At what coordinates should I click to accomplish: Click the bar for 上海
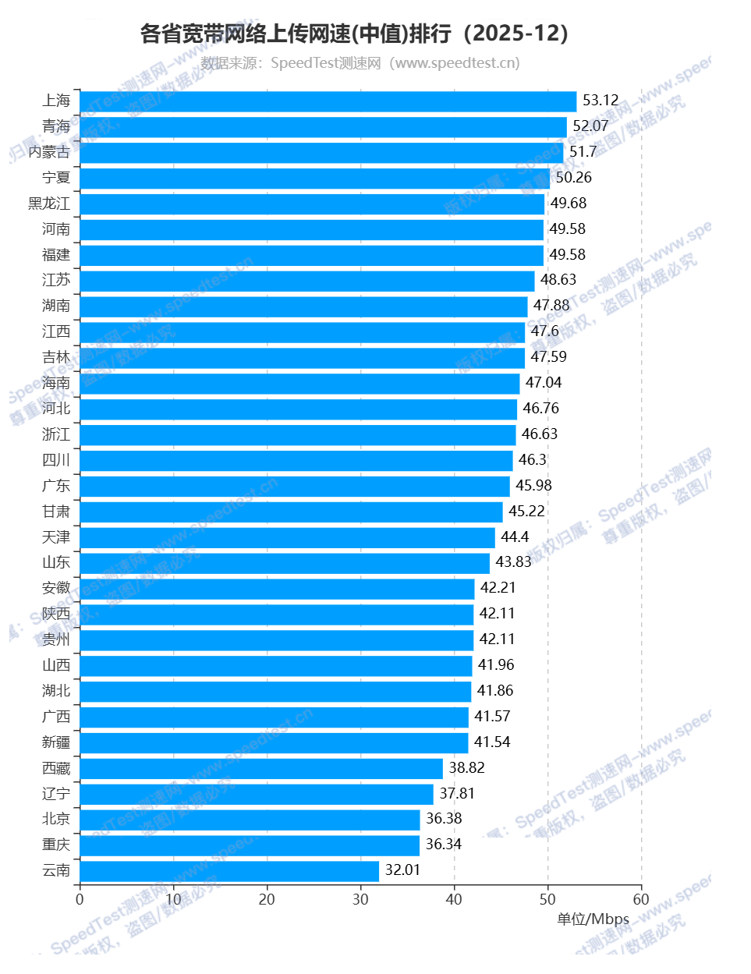tap(328, 101)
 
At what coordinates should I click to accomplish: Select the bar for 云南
tap(229, 871)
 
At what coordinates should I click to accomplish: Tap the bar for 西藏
tap(261, 769)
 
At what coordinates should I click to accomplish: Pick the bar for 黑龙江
tap(312, 204)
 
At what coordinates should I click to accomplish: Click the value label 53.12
tap(600, 101)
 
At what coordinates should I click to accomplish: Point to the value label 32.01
tap(402, 870)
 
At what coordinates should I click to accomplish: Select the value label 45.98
tap(533, 486)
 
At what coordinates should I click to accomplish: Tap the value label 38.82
tap(466, 768)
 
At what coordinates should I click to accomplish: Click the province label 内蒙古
tap(49, 152)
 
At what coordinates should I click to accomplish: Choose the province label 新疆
tap(56, 742)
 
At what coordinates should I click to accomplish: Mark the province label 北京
tap(56, 819)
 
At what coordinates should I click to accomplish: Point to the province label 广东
tap(56, 486)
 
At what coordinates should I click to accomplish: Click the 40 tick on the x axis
tap(454, 900)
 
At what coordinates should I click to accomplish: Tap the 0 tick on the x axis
tap(80, 900)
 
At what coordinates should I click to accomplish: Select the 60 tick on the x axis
tap(641, 900)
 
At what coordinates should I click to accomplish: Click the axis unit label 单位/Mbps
tap(593, 919)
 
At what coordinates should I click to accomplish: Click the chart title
tap(355, 34)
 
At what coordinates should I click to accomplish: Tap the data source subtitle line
tap(360, 63)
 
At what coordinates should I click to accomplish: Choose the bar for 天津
tap(287, 538)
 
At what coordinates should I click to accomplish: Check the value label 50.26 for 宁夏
tap(573, 178)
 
